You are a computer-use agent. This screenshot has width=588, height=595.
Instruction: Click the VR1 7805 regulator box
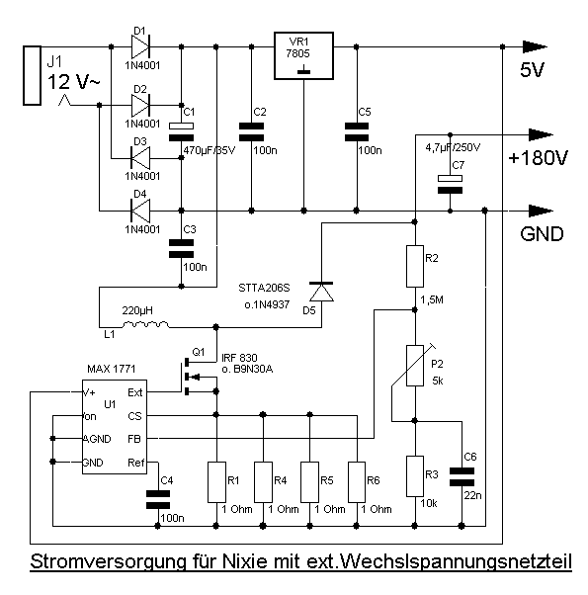pos(303,55)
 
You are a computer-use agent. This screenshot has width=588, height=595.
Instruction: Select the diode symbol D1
pos(140,46)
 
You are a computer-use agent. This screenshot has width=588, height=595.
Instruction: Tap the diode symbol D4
pos(140,211)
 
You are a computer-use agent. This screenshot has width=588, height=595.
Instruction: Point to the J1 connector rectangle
pos(32,75)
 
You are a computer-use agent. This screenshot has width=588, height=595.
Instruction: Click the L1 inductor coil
pos(145,324)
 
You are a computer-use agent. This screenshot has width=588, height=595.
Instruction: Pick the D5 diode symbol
pos(321,292)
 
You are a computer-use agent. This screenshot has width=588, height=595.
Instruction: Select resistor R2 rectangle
pos(415,266)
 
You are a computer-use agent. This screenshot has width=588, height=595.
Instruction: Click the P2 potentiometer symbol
pos(415,366)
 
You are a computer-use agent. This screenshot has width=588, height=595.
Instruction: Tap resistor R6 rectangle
pos(357,482)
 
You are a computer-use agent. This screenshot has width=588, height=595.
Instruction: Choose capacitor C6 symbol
pos(462,476)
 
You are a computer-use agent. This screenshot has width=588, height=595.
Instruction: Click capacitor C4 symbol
pos(158,499)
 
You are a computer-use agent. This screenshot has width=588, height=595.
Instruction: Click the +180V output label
pos(538,158)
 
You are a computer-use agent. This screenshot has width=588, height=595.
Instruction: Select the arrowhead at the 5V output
pos(535,46)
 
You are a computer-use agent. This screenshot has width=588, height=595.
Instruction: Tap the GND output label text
pos(542,233)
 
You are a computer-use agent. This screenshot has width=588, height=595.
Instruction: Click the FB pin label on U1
pos(134,439)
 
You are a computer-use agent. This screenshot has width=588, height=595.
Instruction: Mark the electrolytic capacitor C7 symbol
pos(450,184)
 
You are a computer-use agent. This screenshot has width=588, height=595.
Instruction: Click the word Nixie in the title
pos(244,561)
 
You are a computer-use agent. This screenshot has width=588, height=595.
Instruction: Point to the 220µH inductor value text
pos(137,310)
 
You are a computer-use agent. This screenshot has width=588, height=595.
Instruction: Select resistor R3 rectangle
pos(415,475)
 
